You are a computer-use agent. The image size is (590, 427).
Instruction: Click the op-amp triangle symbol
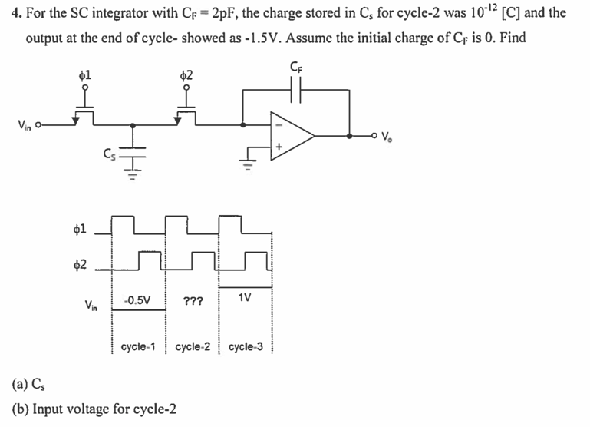click(x=289, y=135)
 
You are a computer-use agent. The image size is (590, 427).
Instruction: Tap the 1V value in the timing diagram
click(x=244, y=296)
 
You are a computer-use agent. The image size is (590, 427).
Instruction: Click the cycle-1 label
click(x=139, y=346)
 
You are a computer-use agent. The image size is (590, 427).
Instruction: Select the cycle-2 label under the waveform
click(x=193, y=346)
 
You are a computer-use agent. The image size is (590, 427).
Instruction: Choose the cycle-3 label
click(x=246, y=346)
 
